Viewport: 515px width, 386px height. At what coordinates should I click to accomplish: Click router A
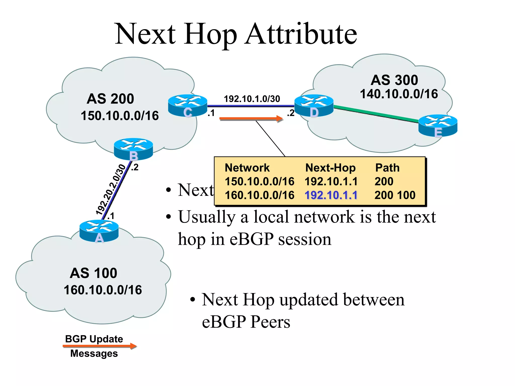coord(99,231)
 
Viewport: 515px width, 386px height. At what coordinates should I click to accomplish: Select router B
coord(133,149)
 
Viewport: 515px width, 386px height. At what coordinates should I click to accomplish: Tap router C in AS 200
coord(188,106)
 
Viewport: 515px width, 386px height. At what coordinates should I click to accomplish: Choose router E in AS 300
coord(438,125)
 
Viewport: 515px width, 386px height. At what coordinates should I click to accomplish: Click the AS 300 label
coord(394,80)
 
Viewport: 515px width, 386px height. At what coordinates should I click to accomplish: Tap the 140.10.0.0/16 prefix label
coord(399,94)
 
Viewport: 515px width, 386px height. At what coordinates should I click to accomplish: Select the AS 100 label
coord(94,273)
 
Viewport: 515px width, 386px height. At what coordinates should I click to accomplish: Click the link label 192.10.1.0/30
coord(252,99)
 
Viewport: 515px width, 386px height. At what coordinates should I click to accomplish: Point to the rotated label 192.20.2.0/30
coord(111,190)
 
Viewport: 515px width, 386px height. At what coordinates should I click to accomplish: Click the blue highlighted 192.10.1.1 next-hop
coord(331,195)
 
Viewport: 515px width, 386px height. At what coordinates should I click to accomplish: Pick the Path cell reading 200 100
coord(395,195)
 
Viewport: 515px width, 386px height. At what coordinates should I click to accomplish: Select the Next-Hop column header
coord(330,168)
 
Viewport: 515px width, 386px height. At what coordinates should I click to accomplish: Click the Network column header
coord(247,168)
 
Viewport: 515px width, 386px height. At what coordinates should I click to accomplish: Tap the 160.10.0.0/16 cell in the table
coord(260,195)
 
